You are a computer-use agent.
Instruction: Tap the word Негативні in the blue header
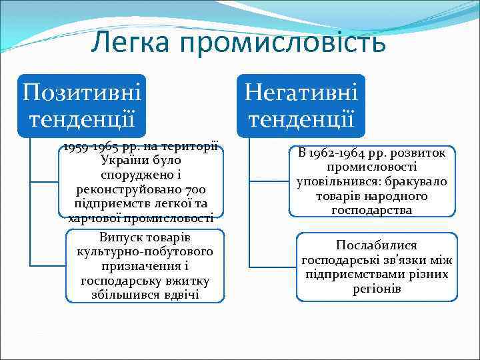click(x=301, y=91)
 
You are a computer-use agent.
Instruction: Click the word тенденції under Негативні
click(x=301, y=118)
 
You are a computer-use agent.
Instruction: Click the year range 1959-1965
click(x=94, y=148)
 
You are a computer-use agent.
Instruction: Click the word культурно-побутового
click(x=145, y=252)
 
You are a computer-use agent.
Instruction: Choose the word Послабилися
click(x=377, y=245)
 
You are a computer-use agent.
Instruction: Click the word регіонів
click(x=377, y=289)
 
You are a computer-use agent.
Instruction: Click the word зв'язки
click(x=407, y=260)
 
